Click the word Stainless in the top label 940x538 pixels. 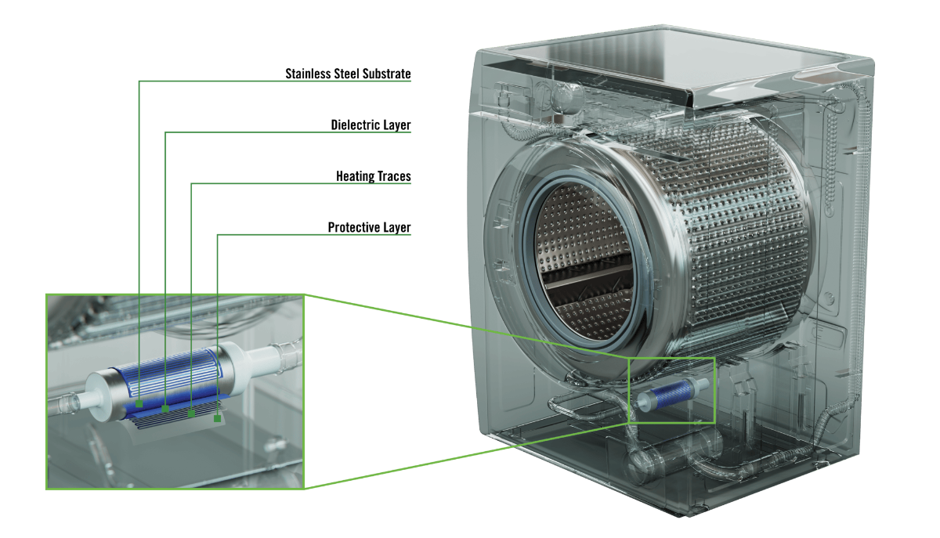click(308, 74)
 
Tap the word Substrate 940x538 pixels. click(386, 74)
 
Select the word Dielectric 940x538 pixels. click(356, 125)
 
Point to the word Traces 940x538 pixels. click(395, 176)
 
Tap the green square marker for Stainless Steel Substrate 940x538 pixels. click(139, 404)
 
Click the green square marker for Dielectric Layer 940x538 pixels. click(165, 409)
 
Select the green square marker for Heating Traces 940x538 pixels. click(191, 413)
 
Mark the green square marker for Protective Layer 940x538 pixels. click(218, 418)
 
